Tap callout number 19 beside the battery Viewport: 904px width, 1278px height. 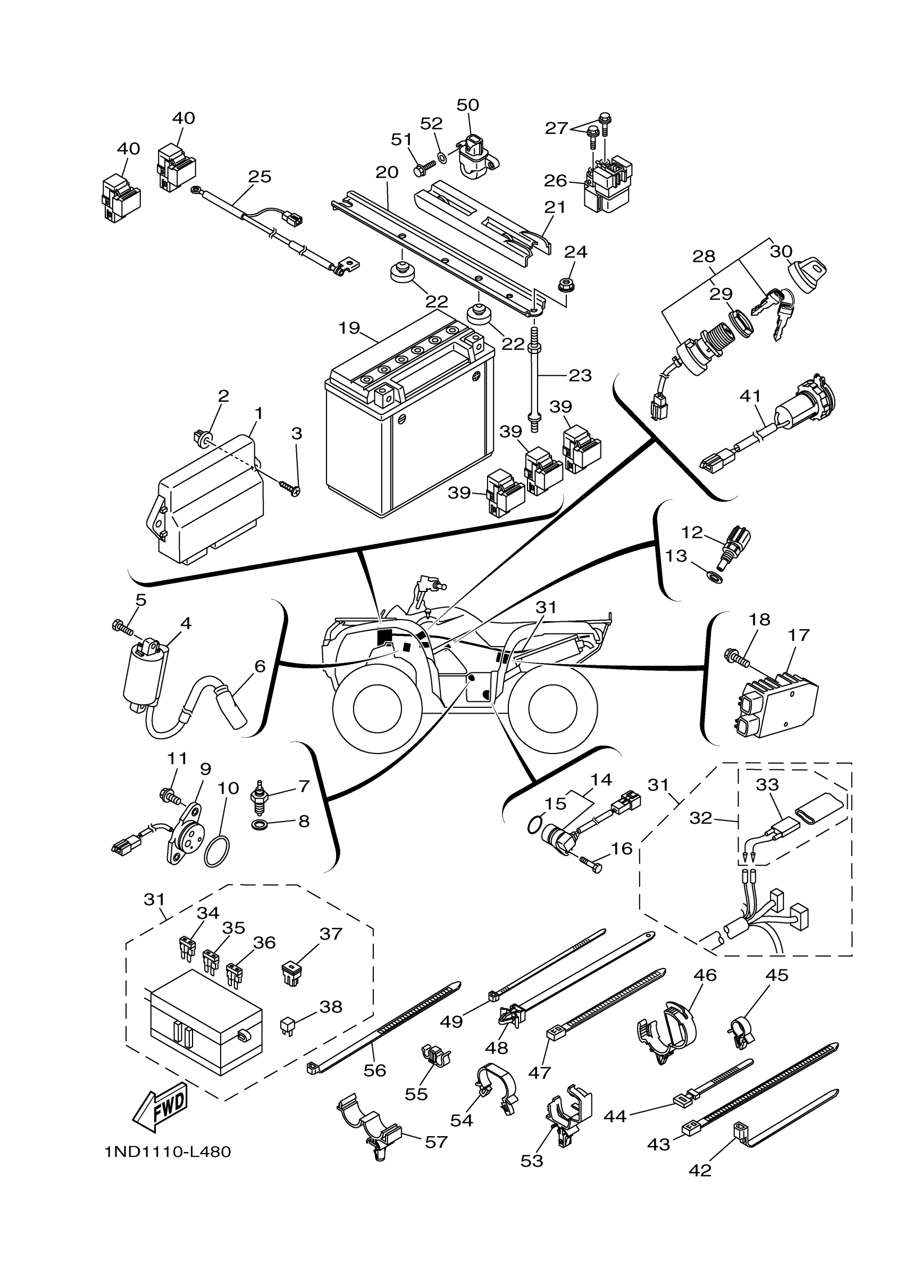[349, 328]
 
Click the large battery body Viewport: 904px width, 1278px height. [410, 434]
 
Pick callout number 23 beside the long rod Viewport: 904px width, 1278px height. [579, 375]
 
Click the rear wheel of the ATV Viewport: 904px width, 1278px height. [552, 707]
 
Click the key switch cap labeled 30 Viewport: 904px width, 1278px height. [807, 273]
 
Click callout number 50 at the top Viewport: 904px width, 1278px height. [467, 105]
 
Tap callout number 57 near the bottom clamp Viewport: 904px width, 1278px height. [436, 1142]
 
